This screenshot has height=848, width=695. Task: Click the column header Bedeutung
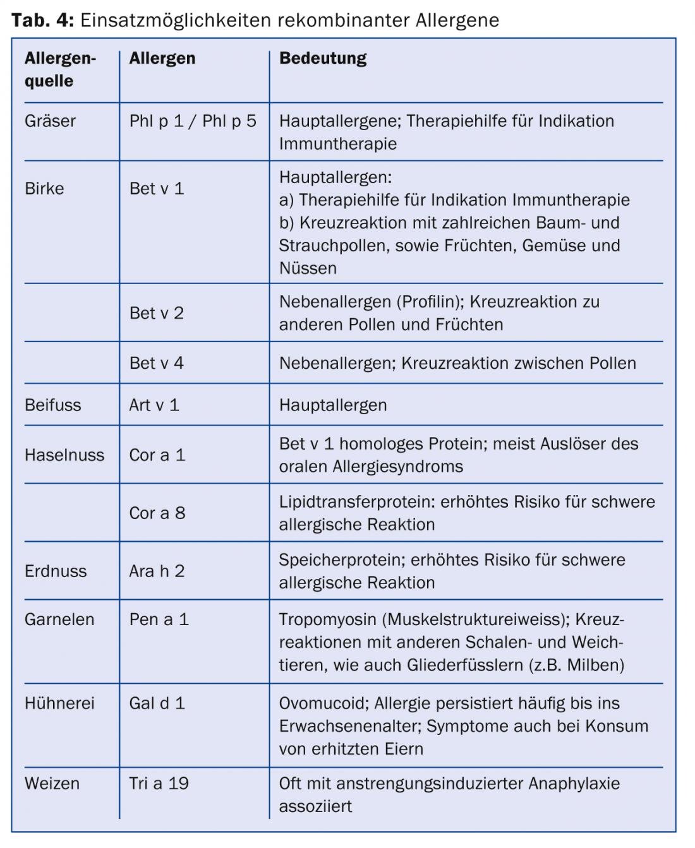point(323,59)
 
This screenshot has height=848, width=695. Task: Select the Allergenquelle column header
point(60,69)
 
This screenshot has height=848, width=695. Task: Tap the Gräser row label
point(50,121)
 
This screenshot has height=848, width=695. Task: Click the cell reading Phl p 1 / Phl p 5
point(193,121)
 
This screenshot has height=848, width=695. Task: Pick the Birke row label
point(44,188)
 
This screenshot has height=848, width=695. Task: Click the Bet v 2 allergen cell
point(157,313)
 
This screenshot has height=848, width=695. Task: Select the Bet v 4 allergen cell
point(157,363)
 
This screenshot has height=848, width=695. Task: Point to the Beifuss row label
point(53,405)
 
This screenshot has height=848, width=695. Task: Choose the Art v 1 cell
point(154,405)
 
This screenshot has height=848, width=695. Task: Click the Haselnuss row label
point(64,455)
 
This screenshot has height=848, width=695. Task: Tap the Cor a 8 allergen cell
point(157,513)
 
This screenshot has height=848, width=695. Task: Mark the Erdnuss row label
point(56,571)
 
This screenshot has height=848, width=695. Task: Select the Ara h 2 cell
point(157,571)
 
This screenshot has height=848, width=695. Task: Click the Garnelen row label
point(59,619)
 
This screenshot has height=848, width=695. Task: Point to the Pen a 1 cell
point(159,619)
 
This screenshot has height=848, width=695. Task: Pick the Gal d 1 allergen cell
point(157,703)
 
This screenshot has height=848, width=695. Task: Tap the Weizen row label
point(52,783)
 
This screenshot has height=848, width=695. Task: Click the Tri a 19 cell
point(159,783)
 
